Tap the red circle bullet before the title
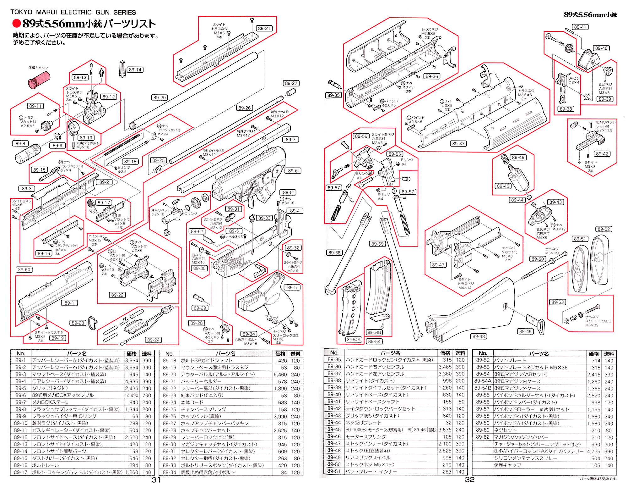point(16,23)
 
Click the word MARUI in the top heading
point(46,12)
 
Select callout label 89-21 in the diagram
point(264,28)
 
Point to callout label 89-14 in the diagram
point(135,70)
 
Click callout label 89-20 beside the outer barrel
point(160,97)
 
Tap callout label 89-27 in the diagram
point(291,83)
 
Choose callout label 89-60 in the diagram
point(24,269)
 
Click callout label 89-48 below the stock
point(479,336)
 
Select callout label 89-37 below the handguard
point(458,144)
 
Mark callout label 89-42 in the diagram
point(602,154)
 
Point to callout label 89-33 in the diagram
point(264,218)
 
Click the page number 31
point(156,480)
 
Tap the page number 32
point(469,480)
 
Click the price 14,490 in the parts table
point(131,395)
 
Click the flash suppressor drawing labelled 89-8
point(28,153)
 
